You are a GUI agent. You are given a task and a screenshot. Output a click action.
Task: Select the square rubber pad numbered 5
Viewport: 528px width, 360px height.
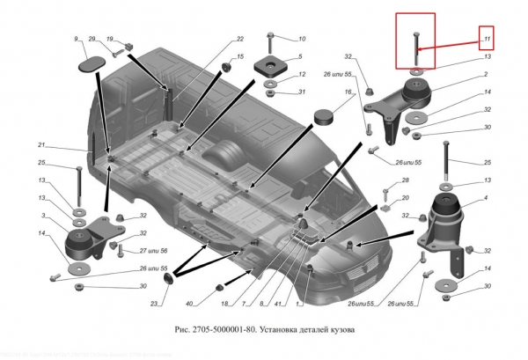coord(268,66)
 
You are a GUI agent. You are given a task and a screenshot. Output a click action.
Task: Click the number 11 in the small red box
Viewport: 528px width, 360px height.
coord(485,38)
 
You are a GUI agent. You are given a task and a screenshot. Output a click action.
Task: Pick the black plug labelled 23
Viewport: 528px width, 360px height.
coord(168,280)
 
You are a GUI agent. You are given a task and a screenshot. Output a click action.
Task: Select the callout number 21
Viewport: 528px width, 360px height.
coord(40,145)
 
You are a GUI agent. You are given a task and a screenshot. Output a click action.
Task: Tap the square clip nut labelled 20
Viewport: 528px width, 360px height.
coord(386,209)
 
